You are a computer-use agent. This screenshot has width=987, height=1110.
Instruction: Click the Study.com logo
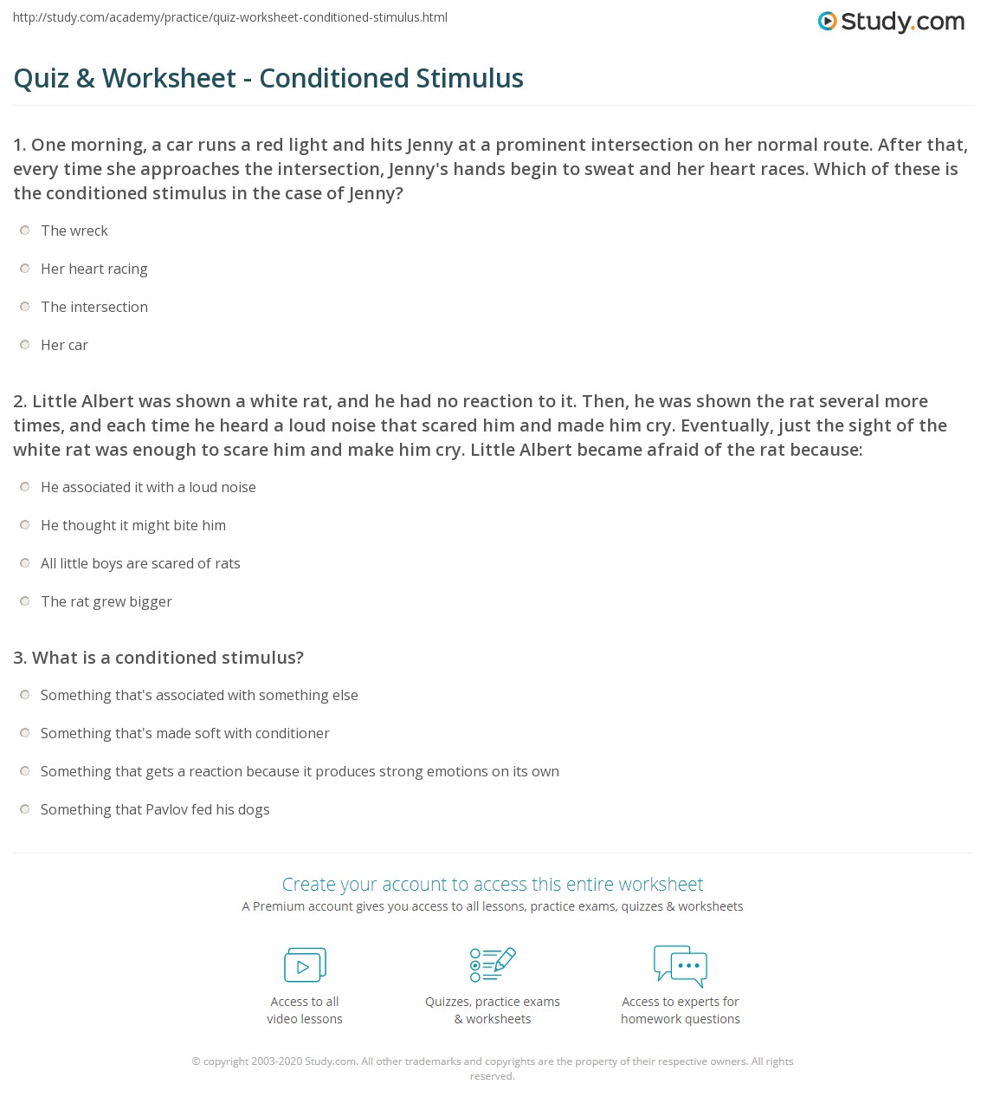click(x=891, y=22)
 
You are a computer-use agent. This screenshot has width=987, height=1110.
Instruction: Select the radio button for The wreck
click(x=25, y=230)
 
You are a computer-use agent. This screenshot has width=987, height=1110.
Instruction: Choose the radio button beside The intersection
click(x=25, y=307)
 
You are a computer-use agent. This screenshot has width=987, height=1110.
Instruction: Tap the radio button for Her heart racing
click(x=25, y=269)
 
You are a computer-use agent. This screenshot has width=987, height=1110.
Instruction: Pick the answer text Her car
click(x=64, y=345)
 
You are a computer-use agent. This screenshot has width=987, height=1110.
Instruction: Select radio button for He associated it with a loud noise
click(x=25, y=487)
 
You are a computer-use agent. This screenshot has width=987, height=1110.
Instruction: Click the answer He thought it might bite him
click(x=133, y=525)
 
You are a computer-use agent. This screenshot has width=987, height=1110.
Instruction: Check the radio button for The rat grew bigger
click(x=25, y=601)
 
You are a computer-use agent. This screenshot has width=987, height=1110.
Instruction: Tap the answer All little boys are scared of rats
click(x=140, y=563)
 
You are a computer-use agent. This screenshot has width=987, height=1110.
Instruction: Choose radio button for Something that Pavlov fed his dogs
click(x=25, y=809)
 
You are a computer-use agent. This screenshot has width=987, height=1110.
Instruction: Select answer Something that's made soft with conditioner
click(x=184, y=733)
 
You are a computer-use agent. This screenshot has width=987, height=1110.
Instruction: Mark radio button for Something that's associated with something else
click(x=25, y=695)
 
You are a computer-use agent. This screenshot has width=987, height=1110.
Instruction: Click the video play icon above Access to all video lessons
click(x=305, y=965)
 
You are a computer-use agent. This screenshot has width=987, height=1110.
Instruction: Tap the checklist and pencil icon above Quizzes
click(x=493, y=965)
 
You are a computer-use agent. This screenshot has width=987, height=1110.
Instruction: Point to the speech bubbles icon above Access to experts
click(x=681, y=965)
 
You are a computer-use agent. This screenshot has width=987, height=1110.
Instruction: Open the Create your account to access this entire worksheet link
click(x=493, y=884)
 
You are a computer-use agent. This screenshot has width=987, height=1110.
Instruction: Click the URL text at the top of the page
click(x=230, y=17)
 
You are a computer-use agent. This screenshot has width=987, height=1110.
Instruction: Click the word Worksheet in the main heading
click(x=169, y=78)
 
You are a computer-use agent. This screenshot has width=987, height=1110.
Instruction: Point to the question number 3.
click(x=19, y=658)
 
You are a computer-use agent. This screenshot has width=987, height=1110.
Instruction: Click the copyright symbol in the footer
click(x=196, y=1061)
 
